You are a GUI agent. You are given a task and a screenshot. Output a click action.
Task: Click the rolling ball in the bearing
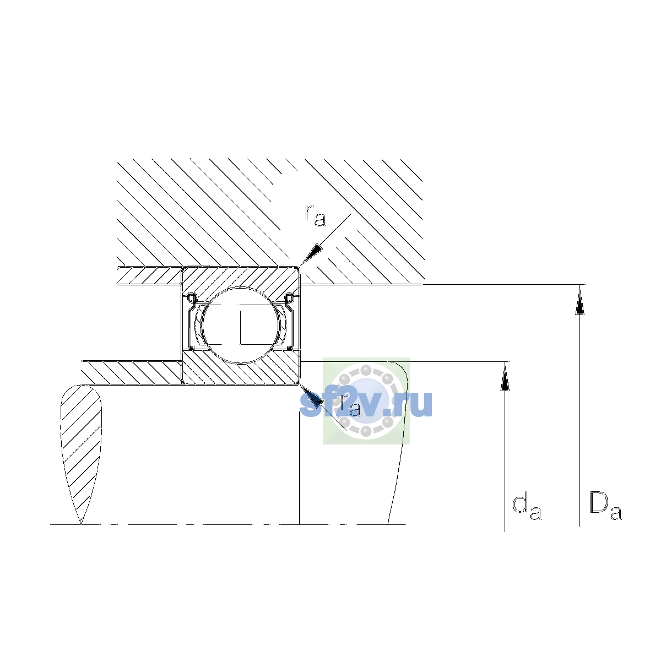241,325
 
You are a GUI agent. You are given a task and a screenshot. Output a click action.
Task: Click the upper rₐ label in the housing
315,216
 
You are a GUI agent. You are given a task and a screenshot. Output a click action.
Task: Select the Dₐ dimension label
605,506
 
